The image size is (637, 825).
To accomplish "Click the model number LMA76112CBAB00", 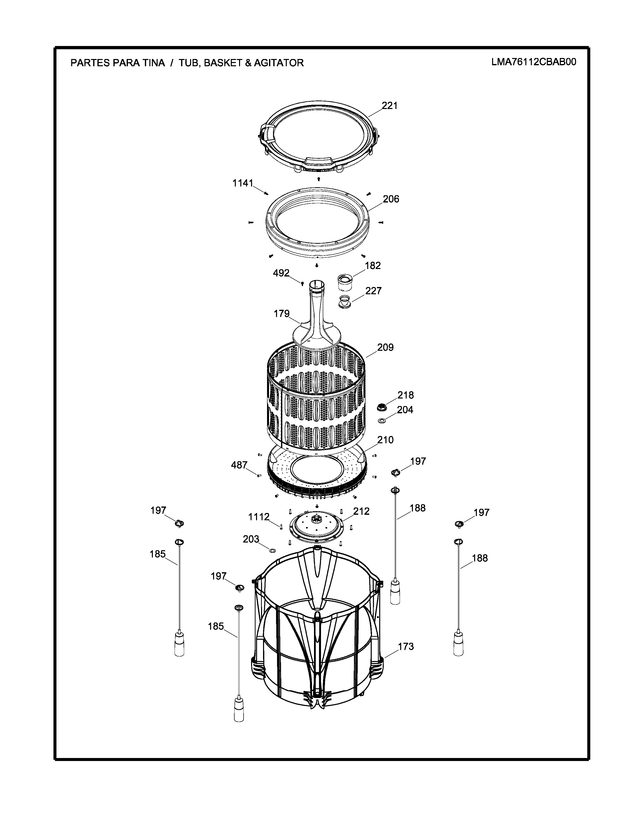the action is click(534, 62).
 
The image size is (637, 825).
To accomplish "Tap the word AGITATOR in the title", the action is click(279, 63).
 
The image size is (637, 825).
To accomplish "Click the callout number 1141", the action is click(243, 183).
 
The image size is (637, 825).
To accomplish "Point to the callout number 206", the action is click(391, 199).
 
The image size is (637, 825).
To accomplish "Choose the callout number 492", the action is click(281, 273).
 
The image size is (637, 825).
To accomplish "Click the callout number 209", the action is click(385, 347).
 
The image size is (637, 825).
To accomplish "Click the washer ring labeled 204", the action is click(381, 420).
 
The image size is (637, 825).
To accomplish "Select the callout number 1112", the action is click(259, 517).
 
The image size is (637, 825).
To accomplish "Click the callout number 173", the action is click(406, 647).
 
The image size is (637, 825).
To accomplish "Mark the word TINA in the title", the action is click(153, 63).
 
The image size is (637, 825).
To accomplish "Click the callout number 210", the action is click(385, 440).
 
